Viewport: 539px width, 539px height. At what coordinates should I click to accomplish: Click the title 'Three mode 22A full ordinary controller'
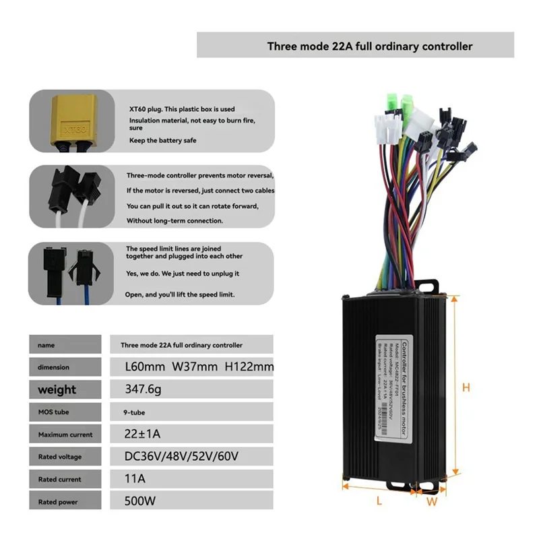[x=369, y=46]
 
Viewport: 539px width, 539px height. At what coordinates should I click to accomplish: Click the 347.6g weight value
[x=144, y=389]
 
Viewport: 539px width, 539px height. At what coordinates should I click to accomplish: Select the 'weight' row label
[x=57, y=389]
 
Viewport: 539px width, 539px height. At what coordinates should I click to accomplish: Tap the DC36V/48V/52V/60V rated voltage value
[x=181, y=456]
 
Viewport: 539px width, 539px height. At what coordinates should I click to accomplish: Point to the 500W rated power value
[x=140, y=501]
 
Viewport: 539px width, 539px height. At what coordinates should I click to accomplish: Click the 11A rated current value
[x=135, y=479]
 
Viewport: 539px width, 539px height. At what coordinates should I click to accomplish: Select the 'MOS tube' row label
[x=54, y=412]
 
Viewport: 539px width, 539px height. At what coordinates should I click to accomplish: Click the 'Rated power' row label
[x=58, y=502]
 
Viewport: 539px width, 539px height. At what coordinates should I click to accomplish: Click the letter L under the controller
[x=379, y=500]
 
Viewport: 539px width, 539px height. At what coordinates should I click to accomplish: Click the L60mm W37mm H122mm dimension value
[x=199, y=367]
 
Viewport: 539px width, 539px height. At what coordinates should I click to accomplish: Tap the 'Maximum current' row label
[x=65, y=435]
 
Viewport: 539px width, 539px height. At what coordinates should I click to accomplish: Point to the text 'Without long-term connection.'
[x=174, y=220]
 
